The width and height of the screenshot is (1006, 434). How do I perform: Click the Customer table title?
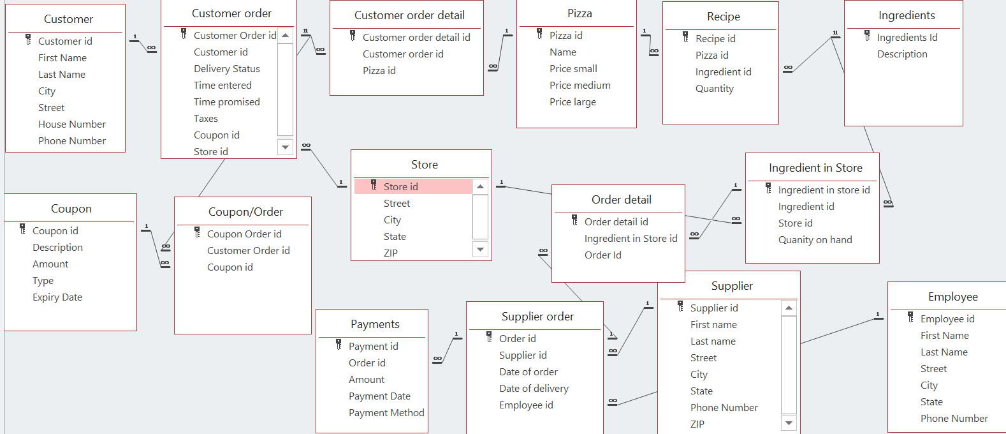pos(68,19)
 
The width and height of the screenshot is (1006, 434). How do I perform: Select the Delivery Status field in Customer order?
pos(226,68)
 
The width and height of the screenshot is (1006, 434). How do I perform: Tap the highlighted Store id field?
pos(400,186)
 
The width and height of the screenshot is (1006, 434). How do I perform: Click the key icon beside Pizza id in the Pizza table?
pos(539,34)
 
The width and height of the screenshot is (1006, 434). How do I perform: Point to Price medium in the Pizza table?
pos(580,85)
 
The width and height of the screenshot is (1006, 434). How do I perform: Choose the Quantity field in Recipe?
pos(714,88)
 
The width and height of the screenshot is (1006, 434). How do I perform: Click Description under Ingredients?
pos(901,54)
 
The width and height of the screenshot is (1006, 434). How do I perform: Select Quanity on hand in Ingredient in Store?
pos(814,239)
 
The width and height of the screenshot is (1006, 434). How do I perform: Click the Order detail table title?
pos(621,200)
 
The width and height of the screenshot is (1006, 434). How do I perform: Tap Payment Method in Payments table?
pos(386,412)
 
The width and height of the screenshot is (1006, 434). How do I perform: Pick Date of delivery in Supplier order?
pos(533,388)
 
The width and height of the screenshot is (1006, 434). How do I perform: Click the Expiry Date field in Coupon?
pos(57,297)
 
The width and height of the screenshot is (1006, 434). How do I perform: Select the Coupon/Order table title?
pos(245,212)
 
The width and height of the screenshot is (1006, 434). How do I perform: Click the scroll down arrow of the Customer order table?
pos(285,147)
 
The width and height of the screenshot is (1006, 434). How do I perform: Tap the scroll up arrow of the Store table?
pos(481,186)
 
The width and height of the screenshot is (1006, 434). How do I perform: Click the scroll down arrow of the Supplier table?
pos(789,423)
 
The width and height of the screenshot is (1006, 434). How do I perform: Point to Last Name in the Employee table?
pos(944,352)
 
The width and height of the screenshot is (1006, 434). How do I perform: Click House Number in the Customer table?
pos(71,124)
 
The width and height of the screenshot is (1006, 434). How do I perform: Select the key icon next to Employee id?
pos(910,318)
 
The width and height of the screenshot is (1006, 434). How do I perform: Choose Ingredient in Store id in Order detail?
pos(630,238)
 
